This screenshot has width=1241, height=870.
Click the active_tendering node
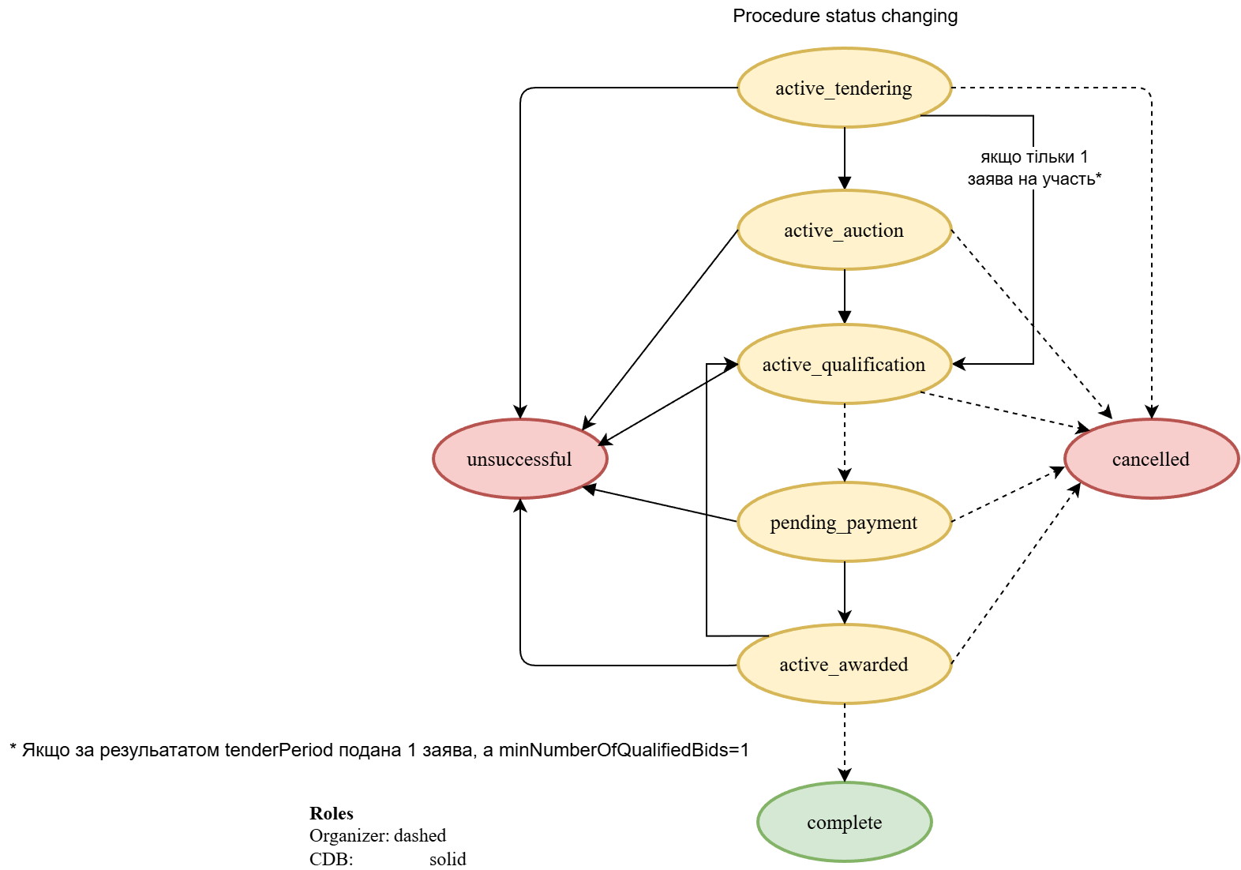point(844,88)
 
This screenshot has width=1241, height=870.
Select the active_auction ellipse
point(844,230)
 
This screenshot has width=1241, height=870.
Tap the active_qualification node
point(844,364)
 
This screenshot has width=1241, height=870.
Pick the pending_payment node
point(844,522)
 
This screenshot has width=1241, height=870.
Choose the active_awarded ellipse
point(844,664)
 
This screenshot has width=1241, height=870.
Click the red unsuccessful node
point(519,459)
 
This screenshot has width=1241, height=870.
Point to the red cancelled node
point(1151,459)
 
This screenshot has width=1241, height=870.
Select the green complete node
point(844,822)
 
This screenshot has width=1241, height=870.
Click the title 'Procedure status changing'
point(845,16)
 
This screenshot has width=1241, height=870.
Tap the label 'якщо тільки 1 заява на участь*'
point(1034,167)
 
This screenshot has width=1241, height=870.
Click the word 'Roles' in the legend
point(332,813)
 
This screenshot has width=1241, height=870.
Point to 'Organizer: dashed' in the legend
point(377,835)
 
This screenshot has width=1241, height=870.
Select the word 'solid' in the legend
point(448,859)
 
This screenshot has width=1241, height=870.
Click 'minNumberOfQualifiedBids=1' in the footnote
point(624,750)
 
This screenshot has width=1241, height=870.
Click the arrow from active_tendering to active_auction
point(845,158)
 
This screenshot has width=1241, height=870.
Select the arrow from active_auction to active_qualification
point(845,296)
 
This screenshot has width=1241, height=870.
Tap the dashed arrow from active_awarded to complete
point(845,742)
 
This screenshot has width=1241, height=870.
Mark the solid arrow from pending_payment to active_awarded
point(845,592)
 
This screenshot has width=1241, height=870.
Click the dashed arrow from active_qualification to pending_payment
point(845,442)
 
